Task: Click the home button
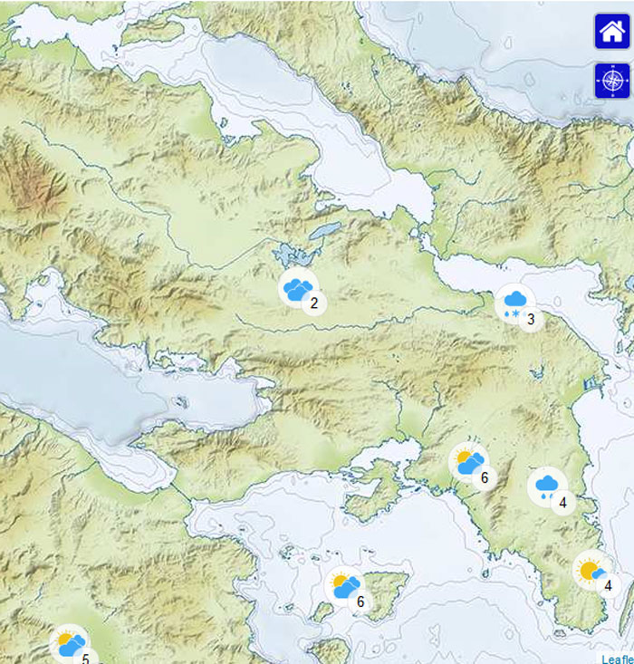(611, 32)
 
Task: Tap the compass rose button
(611, 82)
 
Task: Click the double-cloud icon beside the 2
(297, 288)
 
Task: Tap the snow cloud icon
(514, 303)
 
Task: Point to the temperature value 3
(531, 319)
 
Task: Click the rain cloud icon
(546, 486)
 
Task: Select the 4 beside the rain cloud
(562, 502)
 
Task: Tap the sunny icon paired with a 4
(591, 572)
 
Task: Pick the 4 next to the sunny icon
(608, 586)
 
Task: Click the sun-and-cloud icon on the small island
(344, 585)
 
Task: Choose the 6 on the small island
(360, 601)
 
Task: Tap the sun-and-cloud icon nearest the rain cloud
(468, 462)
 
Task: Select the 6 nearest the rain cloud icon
(485, 478)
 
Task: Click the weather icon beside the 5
(70, 645)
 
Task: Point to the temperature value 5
(85, 659)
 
